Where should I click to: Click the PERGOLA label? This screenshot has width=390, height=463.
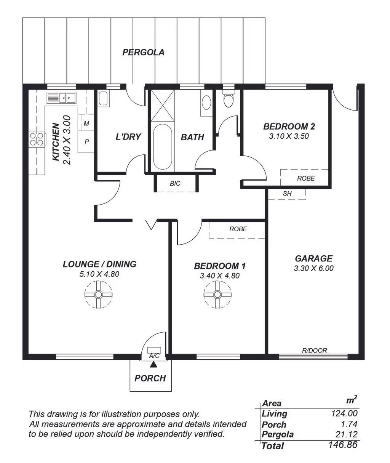pos(143,53)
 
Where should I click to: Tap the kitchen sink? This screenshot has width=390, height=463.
pos(61,98)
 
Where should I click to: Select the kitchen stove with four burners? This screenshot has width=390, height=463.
pos(37,138)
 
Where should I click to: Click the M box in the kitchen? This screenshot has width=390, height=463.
pos(86,123)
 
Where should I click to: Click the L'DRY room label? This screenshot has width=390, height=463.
pos(128,137)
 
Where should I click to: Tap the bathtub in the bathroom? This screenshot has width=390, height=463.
pos(163,147)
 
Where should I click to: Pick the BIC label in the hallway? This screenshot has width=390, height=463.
pos(175,184)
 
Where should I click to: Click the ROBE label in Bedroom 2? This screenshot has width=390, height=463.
pos(306,178)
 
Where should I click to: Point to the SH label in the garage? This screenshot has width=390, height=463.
pos(287,194)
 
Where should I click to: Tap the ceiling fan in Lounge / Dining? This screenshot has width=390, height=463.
pos(98,294)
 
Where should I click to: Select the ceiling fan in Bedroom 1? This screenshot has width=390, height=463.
pos(217,294)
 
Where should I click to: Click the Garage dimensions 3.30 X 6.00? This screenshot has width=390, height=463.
pos(313,268)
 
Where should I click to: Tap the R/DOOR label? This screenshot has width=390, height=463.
pos(314,351)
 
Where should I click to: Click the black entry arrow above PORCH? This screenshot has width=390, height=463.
pos(153,365)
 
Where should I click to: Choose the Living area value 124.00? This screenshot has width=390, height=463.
pos(344,413)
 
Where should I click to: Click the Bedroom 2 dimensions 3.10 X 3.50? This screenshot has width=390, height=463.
pos(289,136)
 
